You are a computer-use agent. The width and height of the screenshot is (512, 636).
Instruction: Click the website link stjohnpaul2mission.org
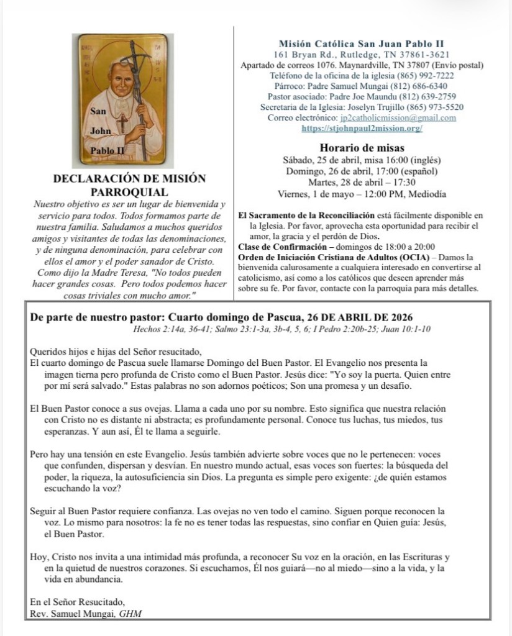tap(362, 128)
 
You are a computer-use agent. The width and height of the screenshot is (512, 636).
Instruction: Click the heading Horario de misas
tap(362, 148)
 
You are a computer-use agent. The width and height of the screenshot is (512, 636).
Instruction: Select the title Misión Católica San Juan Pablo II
tap(361, 43)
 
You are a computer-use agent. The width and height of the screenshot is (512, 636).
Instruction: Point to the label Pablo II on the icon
tap(107, 151)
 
